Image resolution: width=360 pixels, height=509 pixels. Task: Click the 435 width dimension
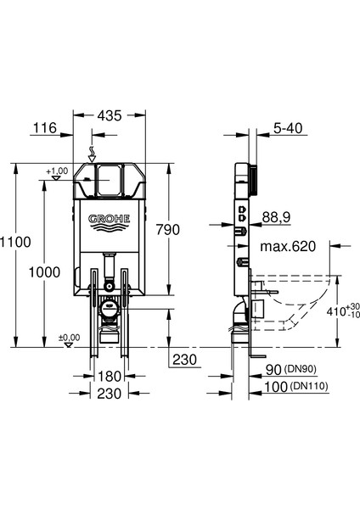(110, 115)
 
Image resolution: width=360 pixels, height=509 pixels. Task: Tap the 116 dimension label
(45, 128)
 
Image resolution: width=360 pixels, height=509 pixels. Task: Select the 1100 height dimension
(15, 242)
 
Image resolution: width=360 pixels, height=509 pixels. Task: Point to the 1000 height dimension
(44, 272)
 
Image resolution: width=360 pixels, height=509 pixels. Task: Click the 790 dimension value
(167, 230)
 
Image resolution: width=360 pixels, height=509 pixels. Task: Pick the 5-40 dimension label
(288, 128)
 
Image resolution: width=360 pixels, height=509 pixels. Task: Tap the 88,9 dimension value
(276, 217)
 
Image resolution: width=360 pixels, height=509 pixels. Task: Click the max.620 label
(288, 246)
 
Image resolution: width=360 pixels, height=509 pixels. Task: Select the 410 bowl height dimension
(335, 311)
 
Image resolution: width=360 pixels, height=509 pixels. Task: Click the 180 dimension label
(110, 377)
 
